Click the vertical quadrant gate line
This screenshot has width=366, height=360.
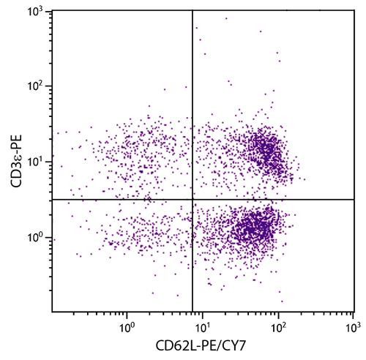coord(193,110)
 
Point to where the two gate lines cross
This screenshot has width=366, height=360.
coord(193,200)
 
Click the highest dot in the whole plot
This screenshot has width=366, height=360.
coord(226,18)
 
